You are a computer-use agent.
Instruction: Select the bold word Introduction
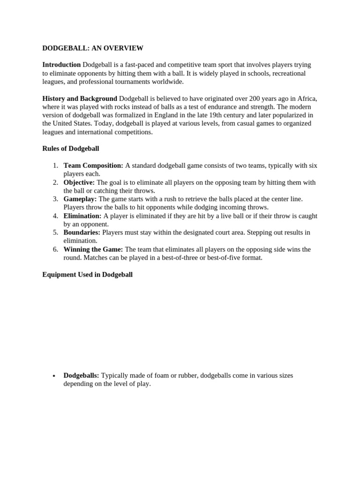(x=61, y=65)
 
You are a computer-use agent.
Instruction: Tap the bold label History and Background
(x=80, y=98)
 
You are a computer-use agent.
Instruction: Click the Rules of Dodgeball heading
(x=71, y=149)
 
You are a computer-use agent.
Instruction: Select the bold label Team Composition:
(x=93, y=165)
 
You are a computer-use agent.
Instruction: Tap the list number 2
(x=55, y=182)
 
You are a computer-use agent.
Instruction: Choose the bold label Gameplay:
(x=80, y=199)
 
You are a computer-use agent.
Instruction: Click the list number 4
(x=55, y=216)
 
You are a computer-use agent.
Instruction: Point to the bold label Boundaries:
(x=82, y=232)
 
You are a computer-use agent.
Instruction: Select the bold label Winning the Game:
(x=93, y=249)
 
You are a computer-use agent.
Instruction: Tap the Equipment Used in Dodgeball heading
(x=88, y=275)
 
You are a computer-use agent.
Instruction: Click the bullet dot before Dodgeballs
(x=55, y=376)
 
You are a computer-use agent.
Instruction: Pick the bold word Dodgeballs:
(x=81, y=375)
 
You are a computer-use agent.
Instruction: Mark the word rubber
(x=186, y=375)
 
